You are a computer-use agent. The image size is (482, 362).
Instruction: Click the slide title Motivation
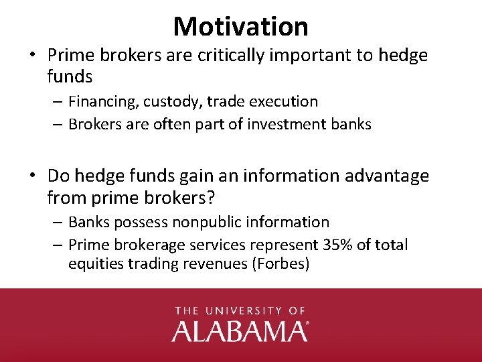click(x=240, y=26)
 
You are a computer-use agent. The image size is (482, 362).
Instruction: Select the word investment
click(x=283, y=124)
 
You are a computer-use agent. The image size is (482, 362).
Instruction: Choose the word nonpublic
click(x=207, y=222)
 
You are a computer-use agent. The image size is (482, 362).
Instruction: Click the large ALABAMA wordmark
click(x=240, y=331)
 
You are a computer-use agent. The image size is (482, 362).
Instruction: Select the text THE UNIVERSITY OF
click(x=240, y=311)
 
